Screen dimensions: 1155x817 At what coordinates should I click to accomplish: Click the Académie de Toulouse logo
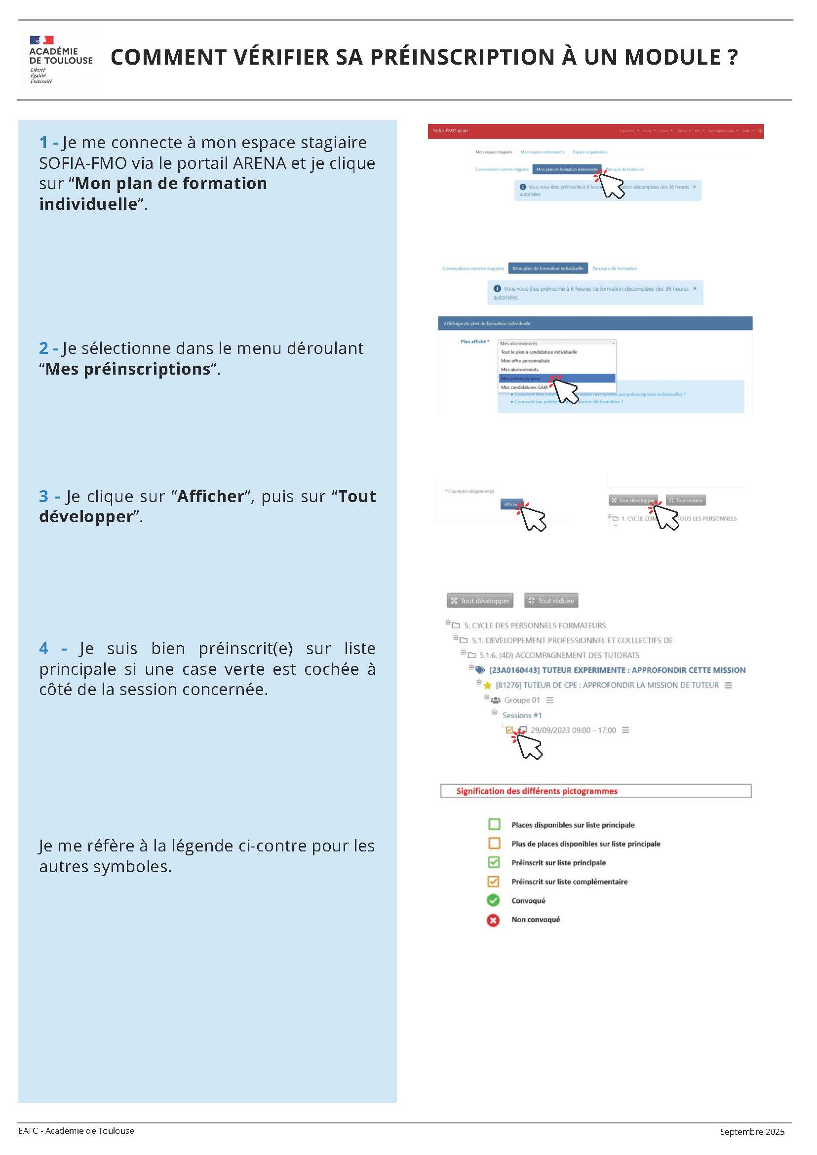tap(60, 59)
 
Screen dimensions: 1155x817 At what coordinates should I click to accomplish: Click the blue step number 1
tap(44, 142)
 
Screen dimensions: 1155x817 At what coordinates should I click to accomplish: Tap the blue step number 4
tap(44, 648)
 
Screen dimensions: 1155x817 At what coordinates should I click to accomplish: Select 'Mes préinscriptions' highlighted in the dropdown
tap(521, 378)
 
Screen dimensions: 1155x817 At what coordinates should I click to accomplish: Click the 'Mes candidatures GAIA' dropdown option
tap(524, 387)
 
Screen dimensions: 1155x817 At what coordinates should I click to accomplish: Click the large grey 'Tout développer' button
tap(480, 601)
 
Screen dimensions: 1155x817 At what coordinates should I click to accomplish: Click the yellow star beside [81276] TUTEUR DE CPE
tap(487, 686)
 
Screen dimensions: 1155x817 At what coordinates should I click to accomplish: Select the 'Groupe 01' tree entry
tap(522, 700)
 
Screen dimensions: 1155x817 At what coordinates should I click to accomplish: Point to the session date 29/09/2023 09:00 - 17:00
tap(573, 731)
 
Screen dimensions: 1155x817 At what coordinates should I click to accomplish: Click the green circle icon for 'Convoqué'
tap(493, 900)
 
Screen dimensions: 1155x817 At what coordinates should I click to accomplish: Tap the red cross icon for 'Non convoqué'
tap(493, 920)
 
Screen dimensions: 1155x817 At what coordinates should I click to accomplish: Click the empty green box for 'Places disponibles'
tap(494, 824)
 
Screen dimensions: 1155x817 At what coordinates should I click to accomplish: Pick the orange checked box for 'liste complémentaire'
tap(494, 882)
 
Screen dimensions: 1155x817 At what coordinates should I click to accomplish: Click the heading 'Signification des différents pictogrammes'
tap(536, 791)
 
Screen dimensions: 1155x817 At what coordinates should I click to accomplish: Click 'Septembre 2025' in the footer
tap(752, 1132)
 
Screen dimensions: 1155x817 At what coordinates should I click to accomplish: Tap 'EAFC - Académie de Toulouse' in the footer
tap(76, 1131)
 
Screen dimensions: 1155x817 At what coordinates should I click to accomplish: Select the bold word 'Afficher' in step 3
tap(210, 496)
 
